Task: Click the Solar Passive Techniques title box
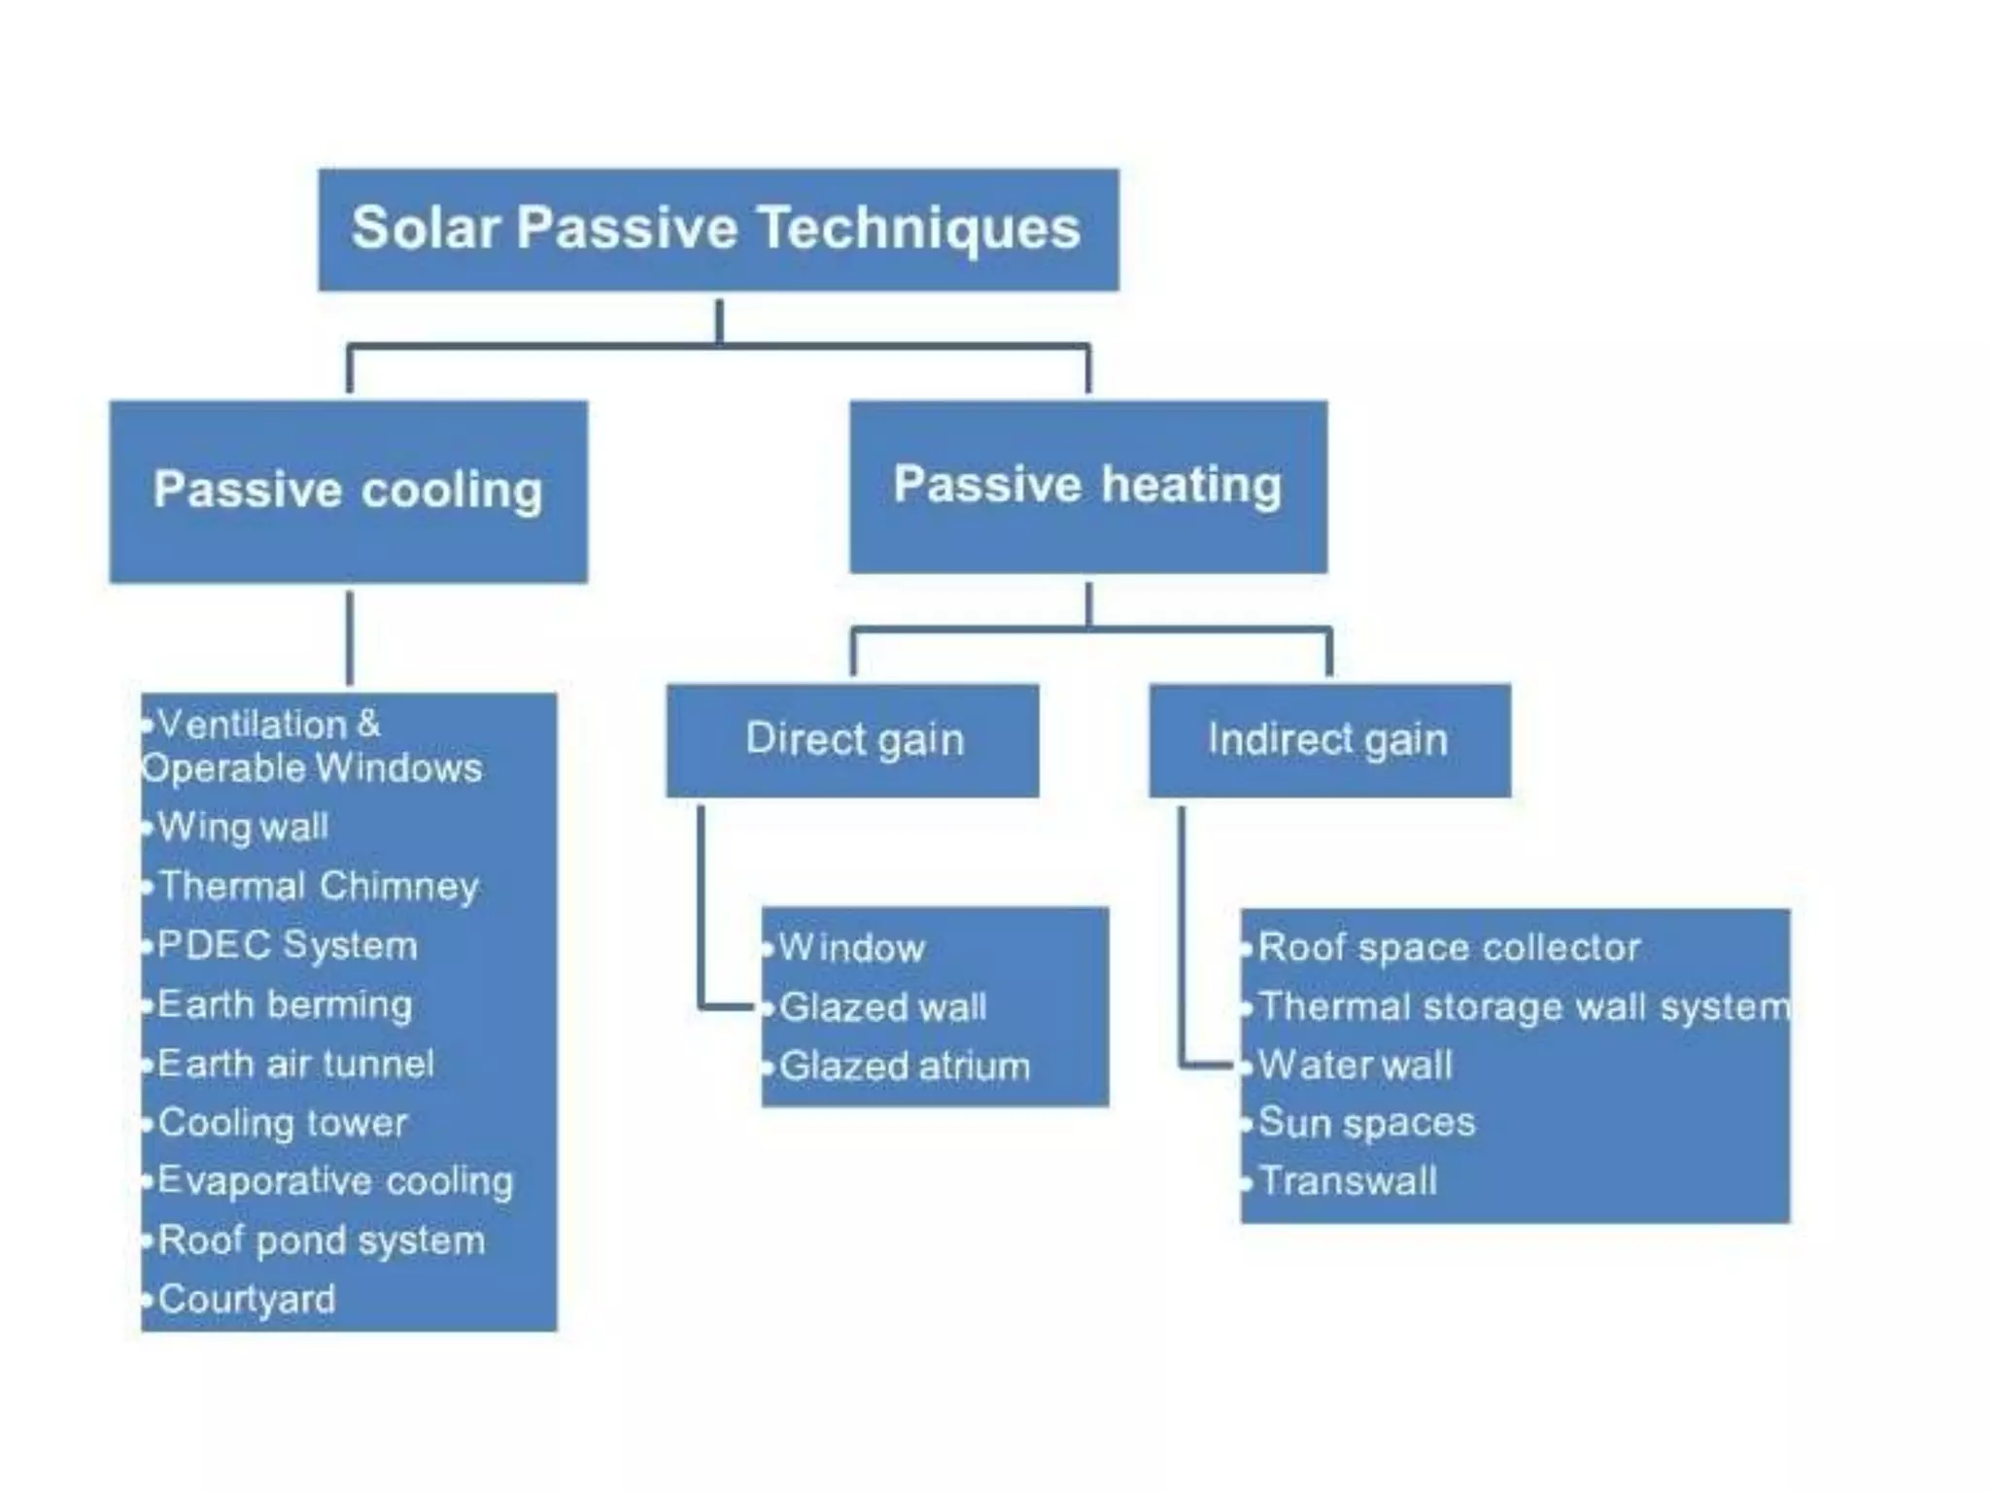pos(718,230)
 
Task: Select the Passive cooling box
pos(348,491)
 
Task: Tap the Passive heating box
pos(1087,486)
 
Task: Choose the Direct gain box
pos(852,740)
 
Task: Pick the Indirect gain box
pos(1328,740)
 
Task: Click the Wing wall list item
pos(243,828)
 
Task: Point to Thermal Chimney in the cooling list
pos(319,887)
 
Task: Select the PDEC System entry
pos(288,946)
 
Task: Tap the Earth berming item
pos(285,1005)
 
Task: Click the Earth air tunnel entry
pos(295,1065)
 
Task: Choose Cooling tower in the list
pos(283,1124)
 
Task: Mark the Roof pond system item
pos(321,1241)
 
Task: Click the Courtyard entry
pos(247,1300)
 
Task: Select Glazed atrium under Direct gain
pos(904,1067)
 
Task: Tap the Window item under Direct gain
pos(851,948)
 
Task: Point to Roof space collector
pos(1449,948)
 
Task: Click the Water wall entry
pos(1355,1066)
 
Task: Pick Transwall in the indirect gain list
pos(1348,1182)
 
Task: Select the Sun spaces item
pos(1366,1124)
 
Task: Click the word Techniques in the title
pos(918,230)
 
